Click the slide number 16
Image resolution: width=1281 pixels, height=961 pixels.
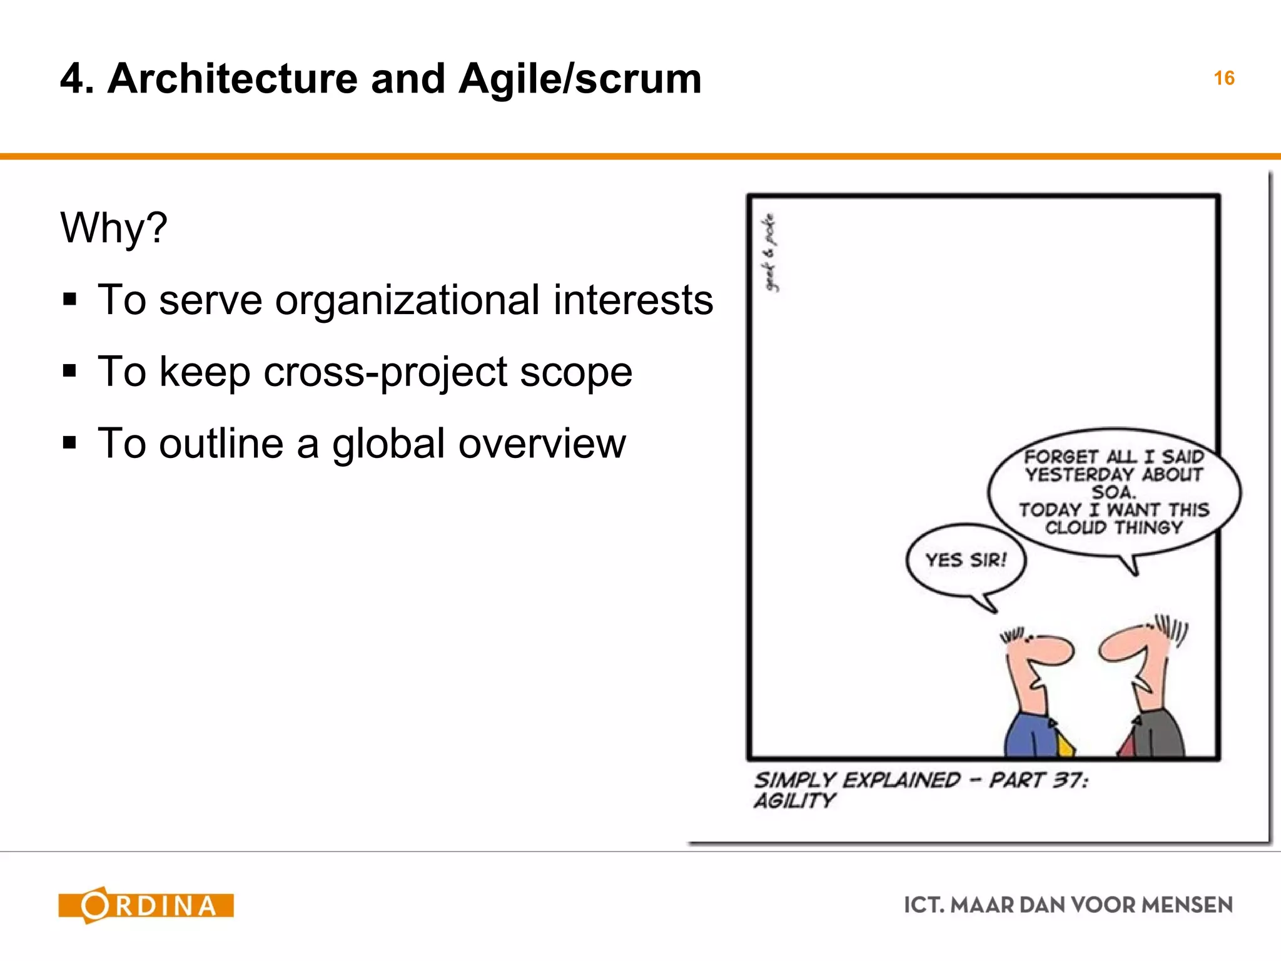click(x=1223, y=78)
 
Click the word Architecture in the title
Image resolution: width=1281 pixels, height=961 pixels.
click(x=232, y=79)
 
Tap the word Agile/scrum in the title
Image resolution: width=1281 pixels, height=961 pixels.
click(x=580, y=80)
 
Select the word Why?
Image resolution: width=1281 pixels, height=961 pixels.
click(x=114, y=227)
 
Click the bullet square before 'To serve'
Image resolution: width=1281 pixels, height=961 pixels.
click(x=69, y=300)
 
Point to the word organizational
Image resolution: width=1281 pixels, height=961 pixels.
click(x=407, y=300)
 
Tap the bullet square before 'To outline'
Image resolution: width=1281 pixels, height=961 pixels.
click(x=69, y=444)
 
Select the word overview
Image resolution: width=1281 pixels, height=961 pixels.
click(x=542, y=444)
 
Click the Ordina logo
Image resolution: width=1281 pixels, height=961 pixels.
click(x=146, y=905)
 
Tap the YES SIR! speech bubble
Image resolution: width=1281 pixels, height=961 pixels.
click(x=966, y=560)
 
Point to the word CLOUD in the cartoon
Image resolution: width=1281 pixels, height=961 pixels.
click(x=1076, y=527)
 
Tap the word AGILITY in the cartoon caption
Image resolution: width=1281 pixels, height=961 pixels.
click(x=794, y=801)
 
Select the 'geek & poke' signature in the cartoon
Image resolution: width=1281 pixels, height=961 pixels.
click(x=770, y=252)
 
